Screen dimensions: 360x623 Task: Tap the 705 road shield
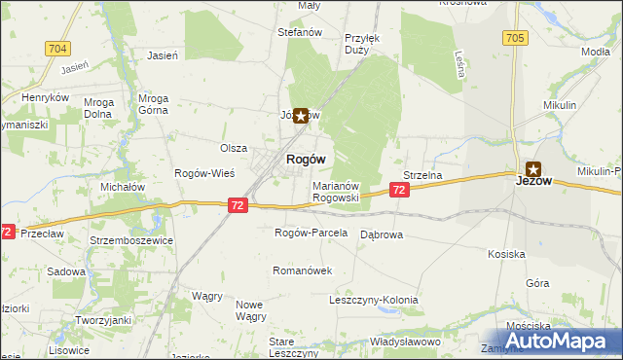coord(516,38)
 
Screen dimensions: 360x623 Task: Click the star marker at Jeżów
coord(533,167)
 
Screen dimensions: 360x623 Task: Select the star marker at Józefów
coord(301,116)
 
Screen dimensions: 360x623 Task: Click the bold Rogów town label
coord(305,159)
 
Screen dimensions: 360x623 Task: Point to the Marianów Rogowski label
coord(337,191)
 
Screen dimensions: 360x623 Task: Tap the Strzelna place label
coord(423,175)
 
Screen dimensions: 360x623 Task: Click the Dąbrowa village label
coord(383,234)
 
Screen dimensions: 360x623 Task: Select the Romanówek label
coord(302,270)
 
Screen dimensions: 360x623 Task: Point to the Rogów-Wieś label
coord(201,173)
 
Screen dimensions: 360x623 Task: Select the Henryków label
coord(46,98)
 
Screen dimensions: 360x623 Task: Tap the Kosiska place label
coord(507,254)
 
